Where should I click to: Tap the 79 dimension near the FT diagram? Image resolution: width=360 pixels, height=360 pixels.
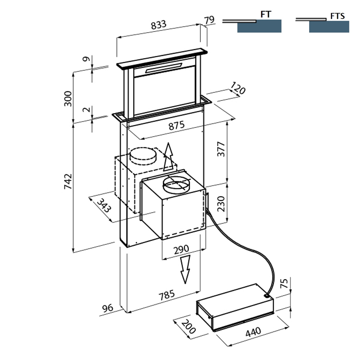pyautogui.click(x=209, y=20)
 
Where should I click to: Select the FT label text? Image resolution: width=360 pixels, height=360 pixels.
pyautogui.click(x=266, y=14)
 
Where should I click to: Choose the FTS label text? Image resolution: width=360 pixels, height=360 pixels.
pyautogui.click(x=338, y=16)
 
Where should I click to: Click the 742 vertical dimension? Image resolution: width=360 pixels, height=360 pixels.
pyautogui.click(x=68, y=181)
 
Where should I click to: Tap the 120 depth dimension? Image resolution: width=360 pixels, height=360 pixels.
pyautogui.click(x=238, y=89)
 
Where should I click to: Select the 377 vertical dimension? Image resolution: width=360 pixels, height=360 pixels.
pyautogui.click(x=222, y=149)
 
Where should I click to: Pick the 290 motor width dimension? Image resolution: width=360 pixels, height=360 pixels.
pyautogui.click(x=181, y=249)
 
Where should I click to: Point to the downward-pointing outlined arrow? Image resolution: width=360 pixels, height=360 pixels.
pyautogui.click(x=185, y=269)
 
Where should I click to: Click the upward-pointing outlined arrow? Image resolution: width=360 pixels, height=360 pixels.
pyautogui.click(x=169, y=156)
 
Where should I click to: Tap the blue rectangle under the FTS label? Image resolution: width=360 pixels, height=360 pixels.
pyautogui.click(x=329, y=27)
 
